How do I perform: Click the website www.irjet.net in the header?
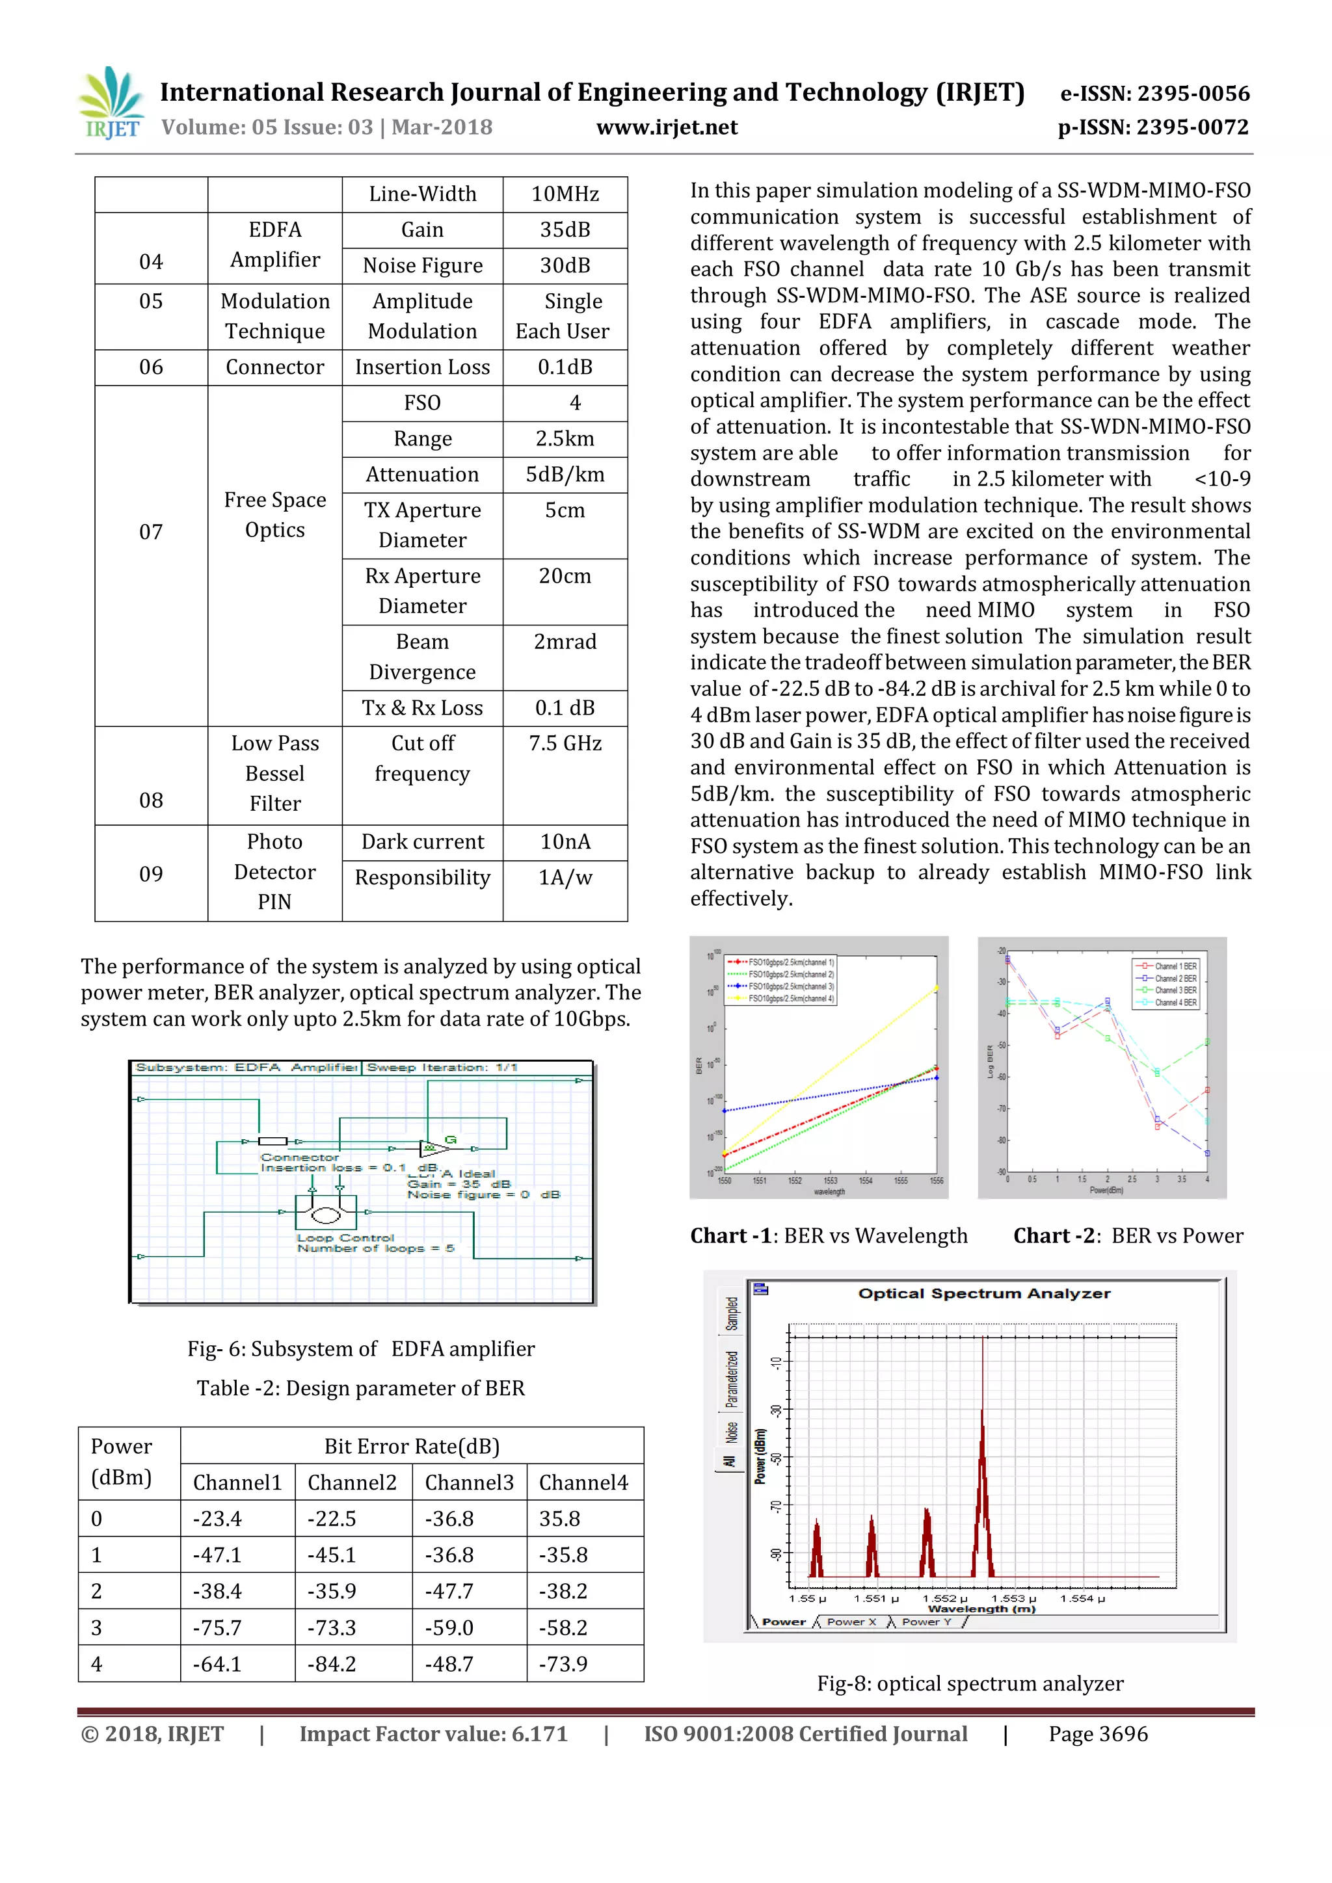[x=666, y=127]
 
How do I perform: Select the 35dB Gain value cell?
[x=565, y=230]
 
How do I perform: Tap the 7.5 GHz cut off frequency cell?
[x=565, y=743]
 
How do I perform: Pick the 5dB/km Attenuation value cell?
[x=565, y=474]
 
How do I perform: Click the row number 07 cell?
[x=151, y=531]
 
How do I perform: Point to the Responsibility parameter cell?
[x=421, y=878]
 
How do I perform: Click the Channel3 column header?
[x=468, y=1482]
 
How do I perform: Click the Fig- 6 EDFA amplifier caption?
[x=360, y=1349]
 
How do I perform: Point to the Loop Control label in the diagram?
[x=345, y=1237]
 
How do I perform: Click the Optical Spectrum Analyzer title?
[x=983, y=1293]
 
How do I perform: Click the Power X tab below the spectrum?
[x=851, y=1622]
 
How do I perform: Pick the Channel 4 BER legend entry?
[x=1175, y=1002]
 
